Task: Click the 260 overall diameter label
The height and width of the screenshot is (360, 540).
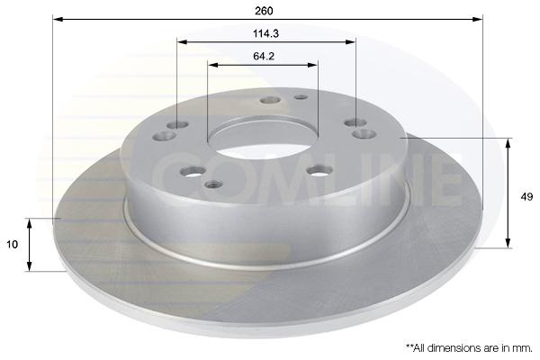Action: (x=264, y=11)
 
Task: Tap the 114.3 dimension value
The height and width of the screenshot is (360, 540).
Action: (x=265, y=34)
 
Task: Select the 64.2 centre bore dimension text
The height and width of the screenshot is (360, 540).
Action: (x=264, y=56)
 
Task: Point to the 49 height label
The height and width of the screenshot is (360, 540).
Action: (x=526, y=197)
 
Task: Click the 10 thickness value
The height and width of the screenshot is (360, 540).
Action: (x=12, y=245)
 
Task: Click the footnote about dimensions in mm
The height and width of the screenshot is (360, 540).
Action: (x=470, y=348)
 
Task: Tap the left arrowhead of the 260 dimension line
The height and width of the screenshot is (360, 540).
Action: (x=58, y=19)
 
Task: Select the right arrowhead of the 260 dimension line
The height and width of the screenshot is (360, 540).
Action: (x=478, y=19)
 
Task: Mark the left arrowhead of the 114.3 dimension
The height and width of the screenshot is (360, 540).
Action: (x=182, y=42)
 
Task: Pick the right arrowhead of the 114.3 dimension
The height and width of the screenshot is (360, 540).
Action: (x=350, y=42)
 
